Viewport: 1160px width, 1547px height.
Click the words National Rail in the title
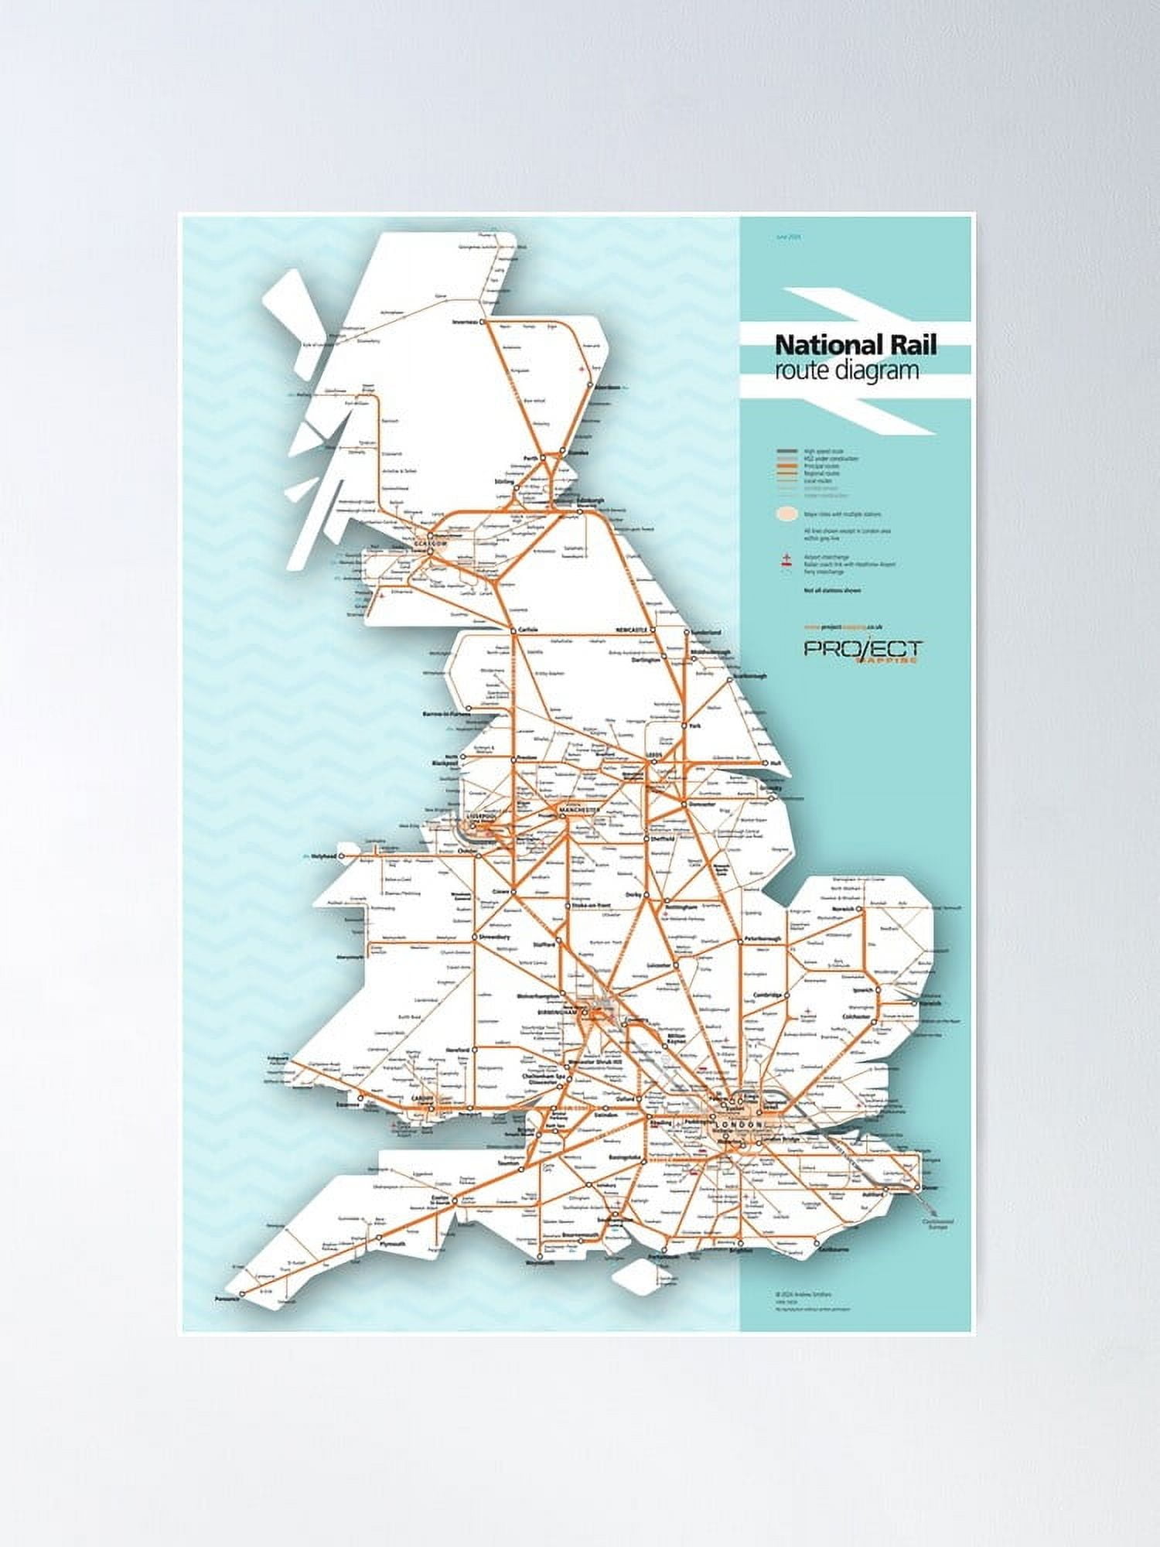pyautogui.click(x=855, y=344)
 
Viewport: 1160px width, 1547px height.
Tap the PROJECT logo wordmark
pyautogui.click(x=862, y=648)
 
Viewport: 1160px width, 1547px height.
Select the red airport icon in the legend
pyautogui.click(x=786, y=560)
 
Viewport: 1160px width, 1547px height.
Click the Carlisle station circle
pyautogui.click(x=513, y=630)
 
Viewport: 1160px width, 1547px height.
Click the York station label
pyautogui.click(x=695, y=726)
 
